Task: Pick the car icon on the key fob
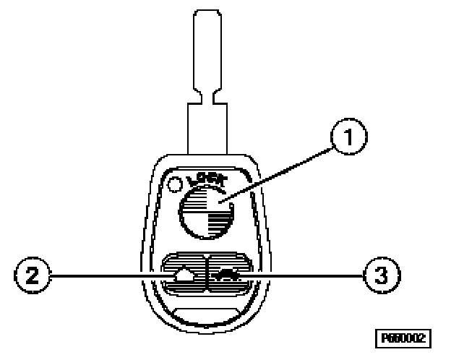coord(228,273)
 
